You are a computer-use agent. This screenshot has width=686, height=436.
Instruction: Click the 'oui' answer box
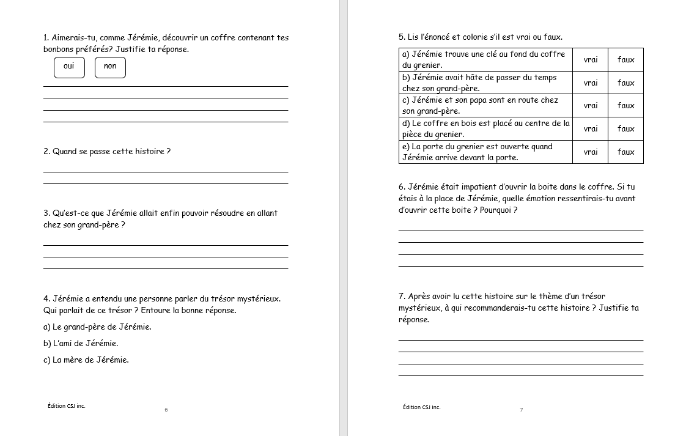coord(69,67)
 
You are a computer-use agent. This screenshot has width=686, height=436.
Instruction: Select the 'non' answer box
coord(110,67)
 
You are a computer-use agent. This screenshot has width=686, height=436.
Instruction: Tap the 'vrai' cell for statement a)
coord(590,59)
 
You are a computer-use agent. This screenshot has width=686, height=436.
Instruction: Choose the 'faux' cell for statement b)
coord(625,83)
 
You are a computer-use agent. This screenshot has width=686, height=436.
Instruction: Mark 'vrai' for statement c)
coord(590,105)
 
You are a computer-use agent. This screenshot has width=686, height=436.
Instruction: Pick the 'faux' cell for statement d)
coord(625,128)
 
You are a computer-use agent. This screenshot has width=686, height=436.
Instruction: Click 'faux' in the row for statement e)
coord(625,152)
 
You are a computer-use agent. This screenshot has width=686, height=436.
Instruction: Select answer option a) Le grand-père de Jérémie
coord(97,327)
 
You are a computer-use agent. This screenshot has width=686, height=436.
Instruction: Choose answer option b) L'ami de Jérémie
coord(81,344)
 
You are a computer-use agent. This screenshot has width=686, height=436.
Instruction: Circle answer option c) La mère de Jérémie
coord(86,360)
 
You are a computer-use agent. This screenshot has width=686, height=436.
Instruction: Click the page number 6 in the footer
coord(166,410)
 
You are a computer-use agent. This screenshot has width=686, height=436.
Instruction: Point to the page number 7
coord(521,410)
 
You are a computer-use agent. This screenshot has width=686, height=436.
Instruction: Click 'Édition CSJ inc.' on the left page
coord(66,406)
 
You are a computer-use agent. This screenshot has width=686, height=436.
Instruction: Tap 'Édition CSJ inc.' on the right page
coord(421,407)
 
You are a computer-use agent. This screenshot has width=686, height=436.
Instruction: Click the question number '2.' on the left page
coord(46,152)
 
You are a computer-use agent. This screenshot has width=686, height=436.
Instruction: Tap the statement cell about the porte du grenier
coord(485,152)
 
